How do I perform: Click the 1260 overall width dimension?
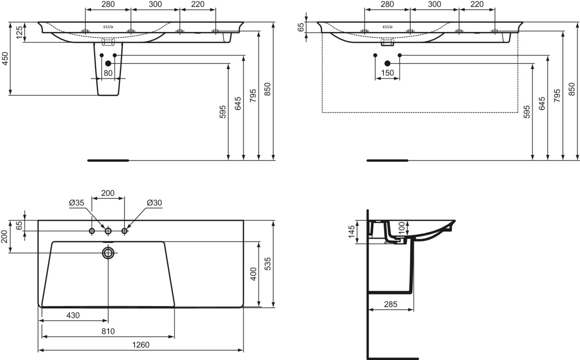(x=141, y=345)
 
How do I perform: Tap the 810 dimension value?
(x=108, y=331)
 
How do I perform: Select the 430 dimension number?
(x=73, y=315)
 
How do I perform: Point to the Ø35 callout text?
(x=77, y=202)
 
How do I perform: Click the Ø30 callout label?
(x=154, y=202)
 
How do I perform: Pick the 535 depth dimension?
(x=268, y=264)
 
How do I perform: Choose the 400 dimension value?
(x=253, y=274)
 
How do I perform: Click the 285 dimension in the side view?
(x=391, y=304)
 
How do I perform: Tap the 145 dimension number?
(x=351, y=231)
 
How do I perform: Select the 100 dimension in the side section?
(x=401, y=228)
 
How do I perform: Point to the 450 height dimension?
(x=5, y=59)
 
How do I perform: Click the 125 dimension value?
(x=19, y=32)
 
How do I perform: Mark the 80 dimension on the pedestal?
(x=108, y=73)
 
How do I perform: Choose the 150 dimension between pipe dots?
(x=387, y=73)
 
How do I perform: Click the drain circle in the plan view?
(x=108, y=253)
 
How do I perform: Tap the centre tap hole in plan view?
(x=108, y=231)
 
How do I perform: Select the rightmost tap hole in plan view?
(x=125, y=231)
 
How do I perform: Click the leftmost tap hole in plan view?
(x=92, y=231)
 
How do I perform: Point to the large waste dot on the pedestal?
(x=108, y=63)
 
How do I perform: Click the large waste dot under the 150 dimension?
(x=387, y=63)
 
